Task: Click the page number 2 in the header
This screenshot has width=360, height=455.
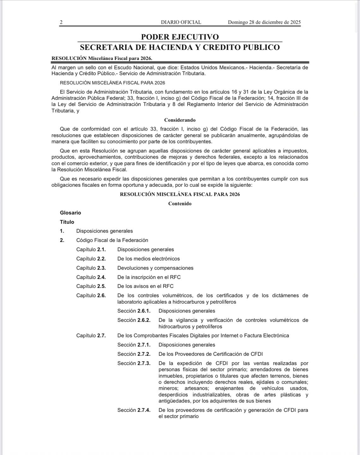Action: tap(61, 22)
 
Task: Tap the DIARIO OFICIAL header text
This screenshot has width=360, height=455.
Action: tap(181, 22)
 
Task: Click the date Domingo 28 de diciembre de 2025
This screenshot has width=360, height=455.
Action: tap(264, 22)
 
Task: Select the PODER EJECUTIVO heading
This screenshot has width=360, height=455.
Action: tap(180, 37)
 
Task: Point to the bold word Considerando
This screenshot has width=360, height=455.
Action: tap(180, 120)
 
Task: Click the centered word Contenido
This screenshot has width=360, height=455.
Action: tap(180, 203)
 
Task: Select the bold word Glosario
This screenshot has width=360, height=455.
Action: tap(70, 213)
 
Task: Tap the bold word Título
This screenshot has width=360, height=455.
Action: tap(67, 222)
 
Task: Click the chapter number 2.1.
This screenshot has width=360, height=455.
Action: tap(101, 249)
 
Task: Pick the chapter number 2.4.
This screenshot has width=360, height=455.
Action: tap(101, 277)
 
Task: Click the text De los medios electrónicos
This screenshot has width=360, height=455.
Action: tap(148, 258)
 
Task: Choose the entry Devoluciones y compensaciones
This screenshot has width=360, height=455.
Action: tap(155, 268)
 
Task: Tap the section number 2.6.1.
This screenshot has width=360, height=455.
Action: tap(144, 311)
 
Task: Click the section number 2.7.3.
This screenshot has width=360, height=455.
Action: tap(144, 363)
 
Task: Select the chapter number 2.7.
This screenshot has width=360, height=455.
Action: tap(101, 336)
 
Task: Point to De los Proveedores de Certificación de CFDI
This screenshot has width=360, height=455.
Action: tap(210, 354)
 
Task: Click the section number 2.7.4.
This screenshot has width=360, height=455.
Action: tap(144, 410)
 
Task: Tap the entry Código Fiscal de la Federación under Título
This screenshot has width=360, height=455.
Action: tap(112, 240)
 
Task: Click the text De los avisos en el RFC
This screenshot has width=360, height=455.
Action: tap(145, 286)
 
